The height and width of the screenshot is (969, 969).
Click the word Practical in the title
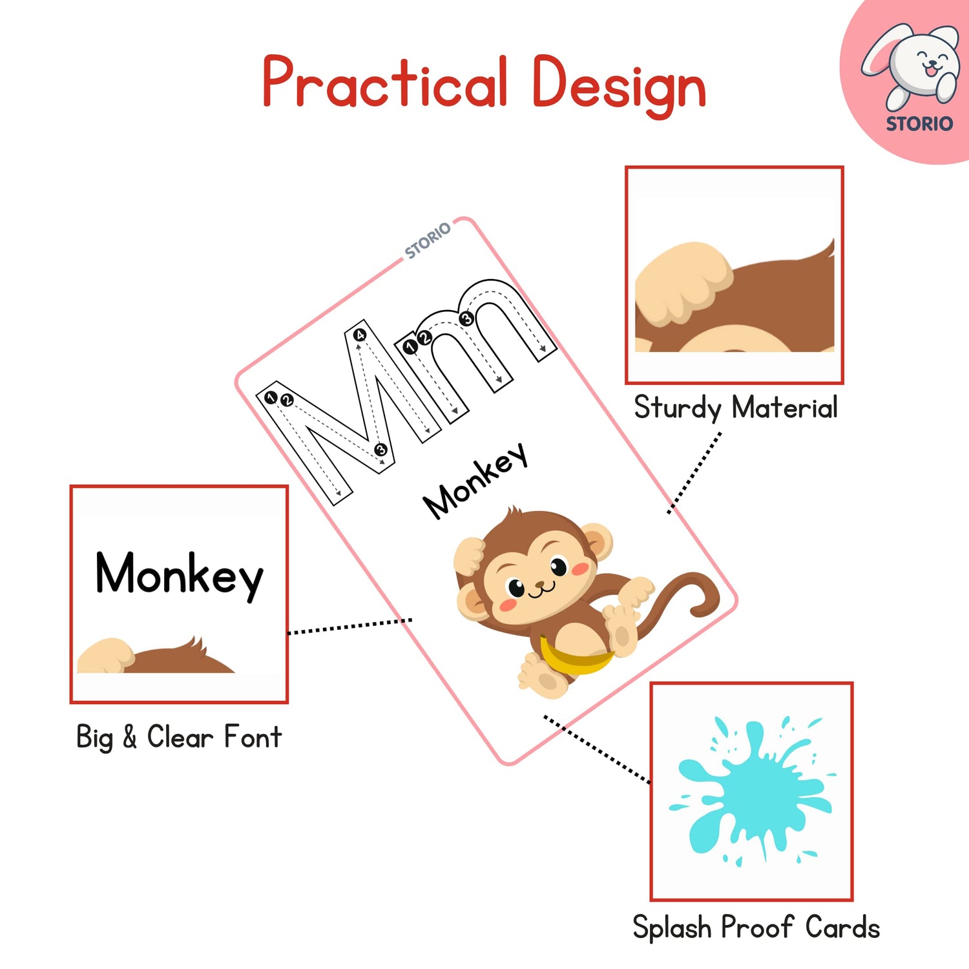click(385, 82)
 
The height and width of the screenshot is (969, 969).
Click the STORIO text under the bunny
click(919, 123)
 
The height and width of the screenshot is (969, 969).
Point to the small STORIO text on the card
click(427, 240)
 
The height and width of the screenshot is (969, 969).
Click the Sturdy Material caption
click(735, 408)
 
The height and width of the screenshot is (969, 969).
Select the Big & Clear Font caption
click(178, 737)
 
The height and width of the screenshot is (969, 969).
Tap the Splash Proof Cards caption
click(756, 928)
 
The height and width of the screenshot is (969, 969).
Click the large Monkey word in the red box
click(179, 574)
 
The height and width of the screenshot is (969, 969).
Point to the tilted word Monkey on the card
click(475, 481)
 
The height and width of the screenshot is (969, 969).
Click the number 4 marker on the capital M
click(360, 335)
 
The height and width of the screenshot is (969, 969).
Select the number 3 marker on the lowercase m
click(466, 318)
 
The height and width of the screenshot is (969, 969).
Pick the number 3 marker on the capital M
click(380, 450)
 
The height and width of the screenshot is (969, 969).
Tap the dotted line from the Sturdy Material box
click(695, 472)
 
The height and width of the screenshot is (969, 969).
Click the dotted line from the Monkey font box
click(349, 626)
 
